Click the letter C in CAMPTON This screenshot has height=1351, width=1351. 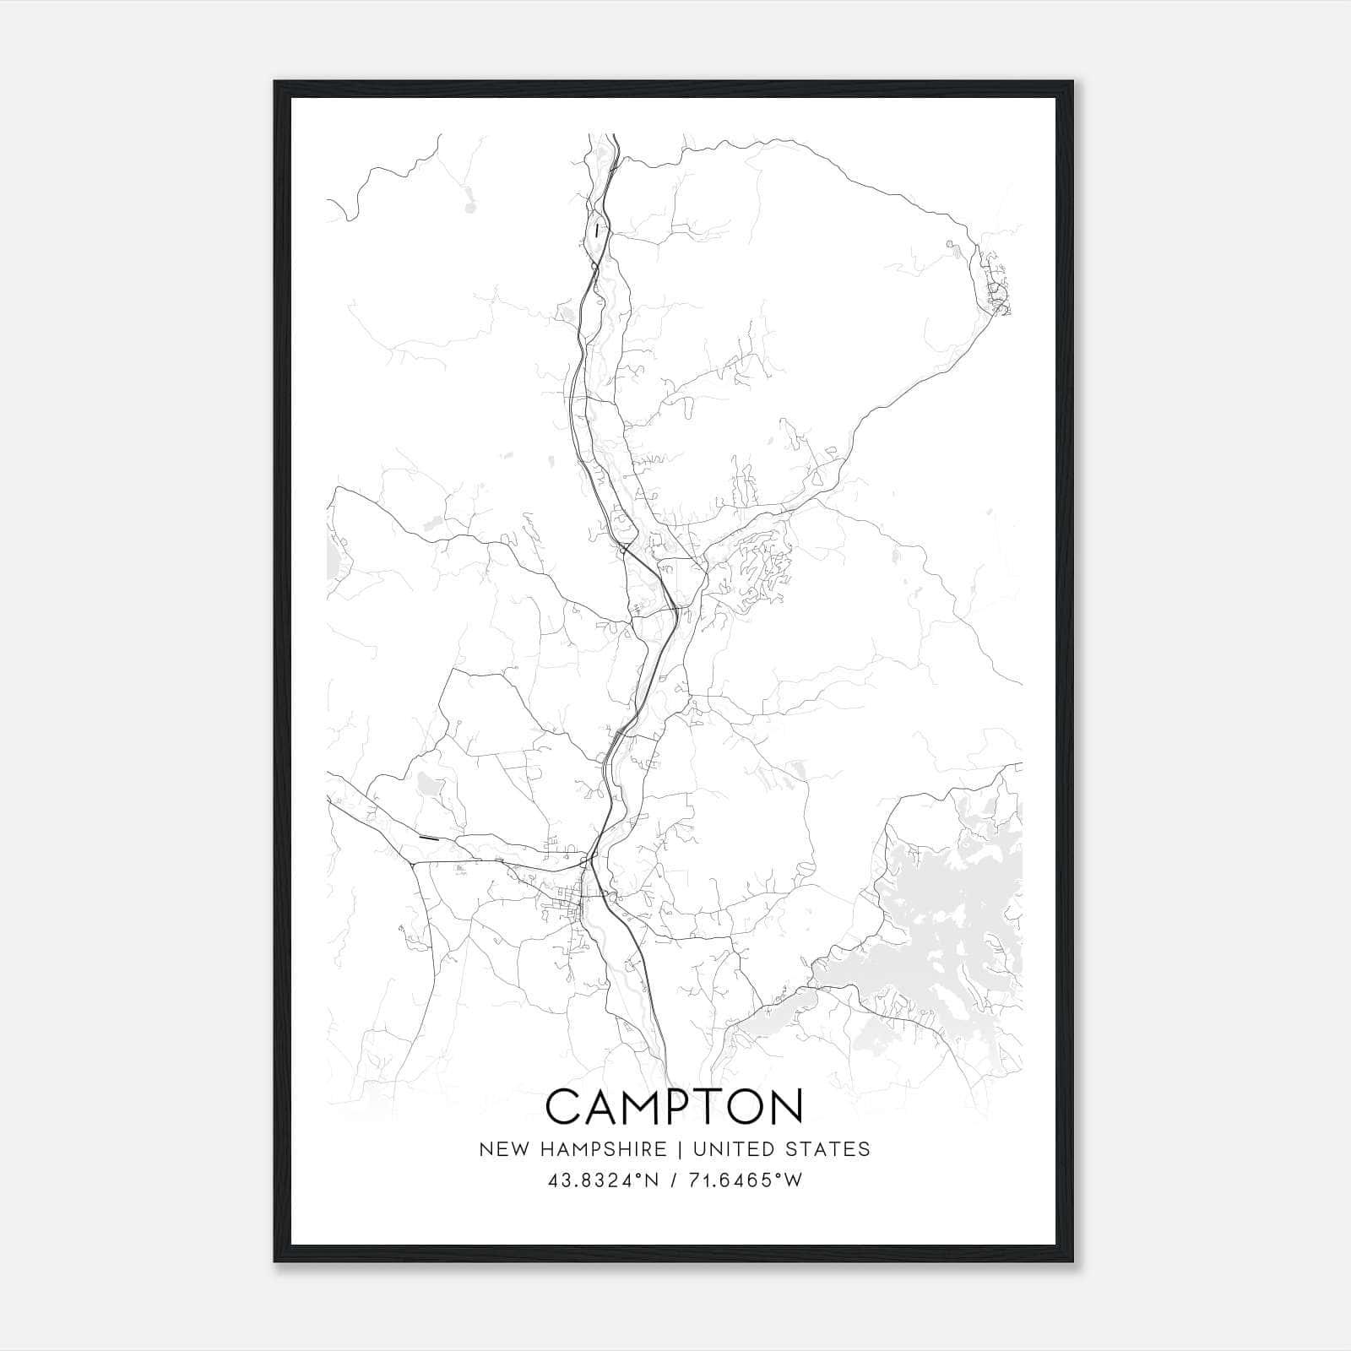(564, 1106)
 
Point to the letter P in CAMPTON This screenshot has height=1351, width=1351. (687, 1106)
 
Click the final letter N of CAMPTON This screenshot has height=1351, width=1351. (788, 1106)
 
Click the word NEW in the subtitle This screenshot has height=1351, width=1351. (498, 1149)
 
